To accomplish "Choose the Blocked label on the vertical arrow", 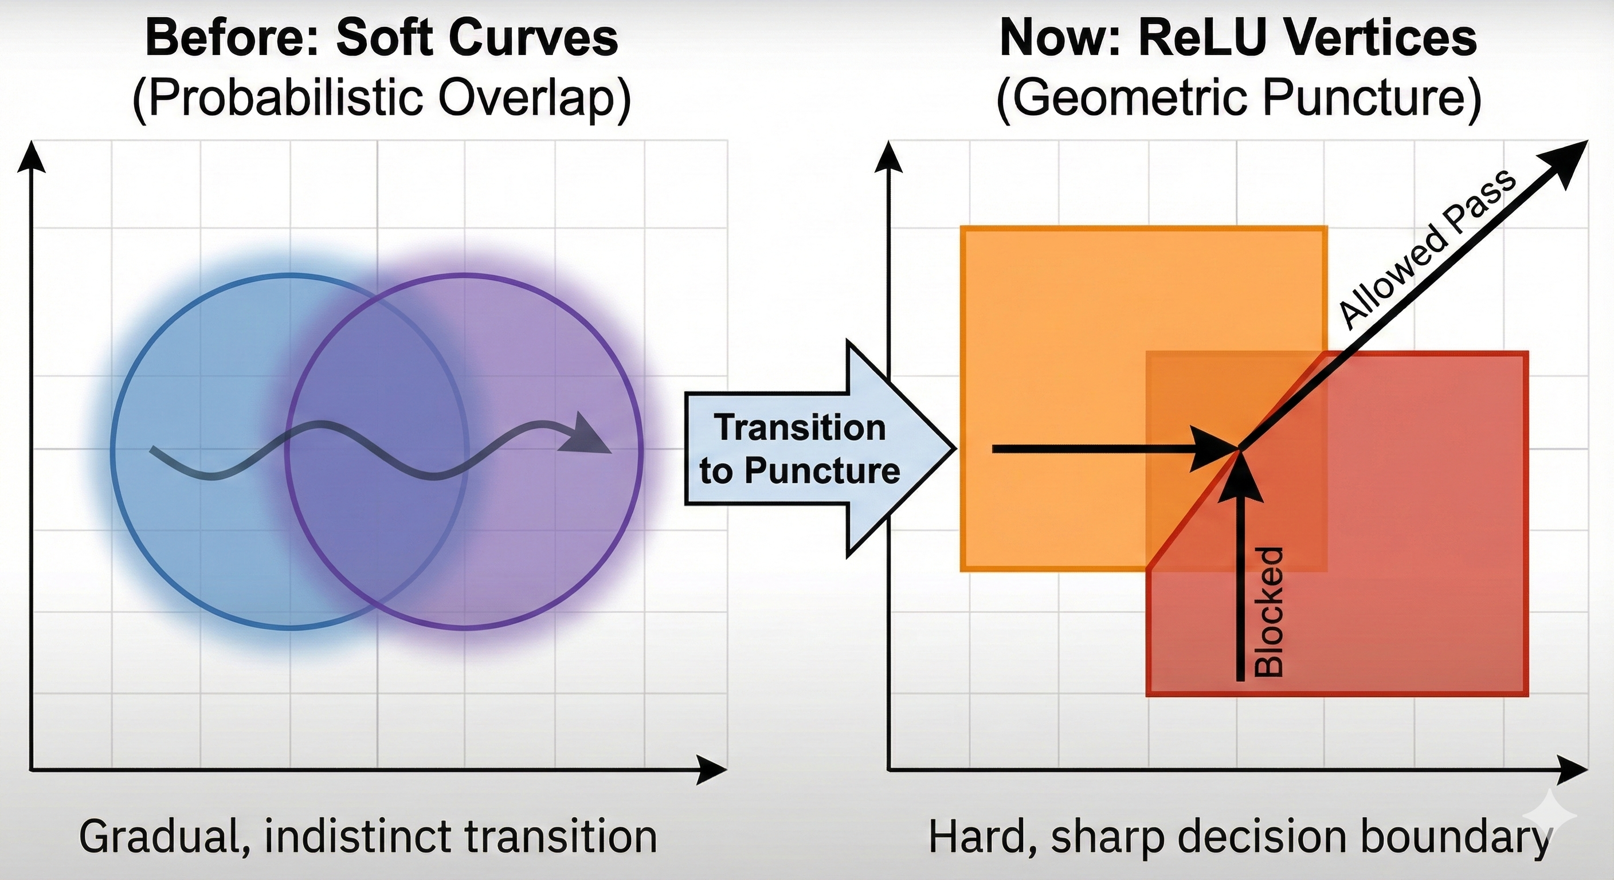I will pyautogui.click(x=1270, y=612).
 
